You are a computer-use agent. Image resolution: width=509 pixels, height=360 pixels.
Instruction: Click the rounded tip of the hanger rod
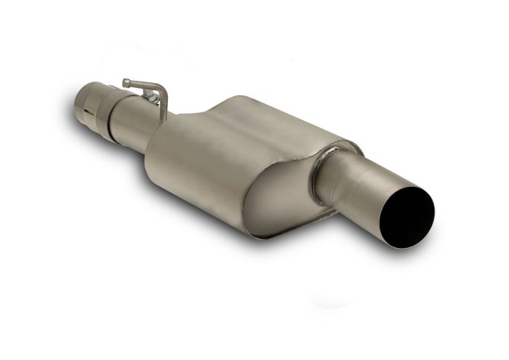point(126,82)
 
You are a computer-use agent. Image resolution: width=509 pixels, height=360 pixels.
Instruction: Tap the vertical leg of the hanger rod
point(164,108)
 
